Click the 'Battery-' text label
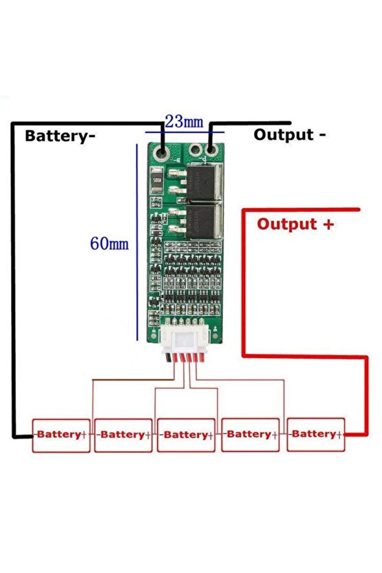(60, 136)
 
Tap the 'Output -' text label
(290, 134)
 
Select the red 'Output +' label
(295, 224)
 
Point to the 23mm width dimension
(184, 122)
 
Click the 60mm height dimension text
(109, 243)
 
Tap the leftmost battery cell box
(61, 435)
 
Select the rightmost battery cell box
(316, 434)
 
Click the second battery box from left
(123, 435)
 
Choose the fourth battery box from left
(250, 435)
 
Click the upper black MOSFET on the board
(207, 178)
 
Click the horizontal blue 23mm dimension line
(184, 132)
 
